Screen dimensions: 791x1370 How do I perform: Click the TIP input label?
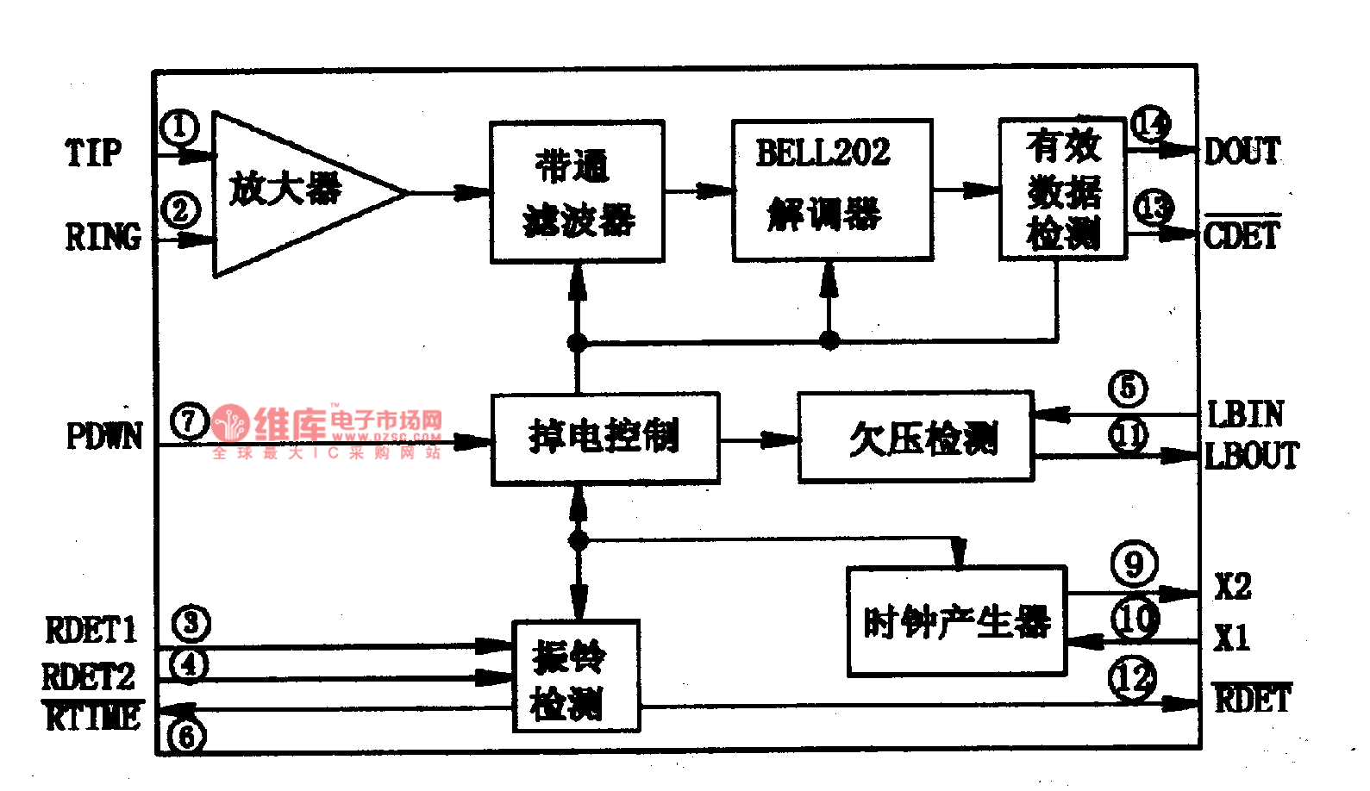pyautogui.click(x=93, y=153)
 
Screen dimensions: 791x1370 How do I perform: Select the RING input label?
pyautogui.click(x=103, y=236)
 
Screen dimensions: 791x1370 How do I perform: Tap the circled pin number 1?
pyautogui.click(x=179, y=128)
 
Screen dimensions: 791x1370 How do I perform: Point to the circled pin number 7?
pyautogui.click(x=189, y=421)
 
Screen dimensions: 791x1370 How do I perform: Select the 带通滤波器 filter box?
pyautogui.click(x=577, y=191)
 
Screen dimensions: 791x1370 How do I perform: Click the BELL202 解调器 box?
pyautogui.click(x=831, y=190)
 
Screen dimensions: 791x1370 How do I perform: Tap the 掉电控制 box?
pyautogui.click(x=604, y=438)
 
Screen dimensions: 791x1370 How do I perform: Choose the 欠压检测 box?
pyautogui.click(x=915, y=438)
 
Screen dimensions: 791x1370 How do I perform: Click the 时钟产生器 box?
pyautogui.click(x=956, y=621)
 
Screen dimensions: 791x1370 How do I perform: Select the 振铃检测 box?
pyautogui.click(x=576, y=677)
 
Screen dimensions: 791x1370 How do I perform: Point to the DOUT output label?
pyautogui.click(x=1242, y=152)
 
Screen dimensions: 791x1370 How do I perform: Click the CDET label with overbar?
pyautogui.click(x=1242, y=234)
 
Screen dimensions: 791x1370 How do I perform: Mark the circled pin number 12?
pyautogui.click(x=1132, y=678)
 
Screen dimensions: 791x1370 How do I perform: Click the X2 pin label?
pyautogui.click(x=1232, y=587)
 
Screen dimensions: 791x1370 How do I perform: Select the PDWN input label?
pyautogui.click(x=104, y=436)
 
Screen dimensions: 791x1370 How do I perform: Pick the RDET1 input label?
pyautogui.click(x=91, y=631)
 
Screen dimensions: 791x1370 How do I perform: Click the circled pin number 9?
pyautogui.click(x=1134, y=564)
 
